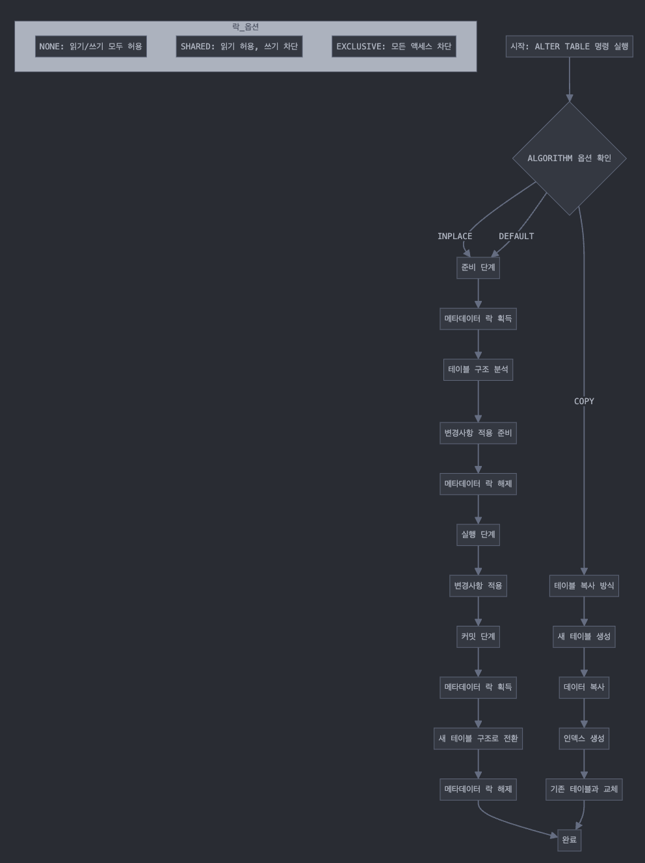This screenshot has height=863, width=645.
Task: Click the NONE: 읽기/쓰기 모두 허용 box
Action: click(x=90, y=47)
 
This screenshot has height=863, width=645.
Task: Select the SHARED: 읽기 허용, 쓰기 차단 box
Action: click(x=239, y=47)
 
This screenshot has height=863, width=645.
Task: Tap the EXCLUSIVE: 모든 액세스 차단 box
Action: click(x=393, y=47)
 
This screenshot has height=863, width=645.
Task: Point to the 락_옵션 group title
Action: click(x=245, y=27)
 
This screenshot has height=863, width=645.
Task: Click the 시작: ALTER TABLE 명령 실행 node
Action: click(x=569, y=47)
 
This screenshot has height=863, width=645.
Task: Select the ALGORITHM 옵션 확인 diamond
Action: click(x=569, y=159)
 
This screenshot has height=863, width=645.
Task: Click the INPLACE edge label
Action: click(x=454, y=237)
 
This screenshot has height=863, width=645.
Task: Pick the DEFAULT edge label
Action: click(x=516, y=237)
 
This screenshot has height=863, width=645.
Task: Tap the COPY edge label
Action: click(x=584, y=402)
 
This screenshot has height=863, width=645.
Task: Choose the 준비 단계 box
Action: click(x=478, y=268)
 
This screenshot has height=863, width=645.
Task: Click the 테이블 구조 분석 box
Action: click(x=478, y=370)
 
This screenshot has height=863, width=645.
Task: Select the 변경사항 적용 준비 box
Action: click(x=478, y=433)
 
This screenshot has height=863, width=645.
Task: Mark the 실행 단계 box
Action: click(x=478, y=535)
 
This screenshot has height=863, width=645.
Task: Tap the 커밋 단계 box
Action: click(x=478, y=637)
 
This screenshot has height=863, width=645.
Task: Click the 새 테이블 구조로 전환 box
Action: click(x=478, y=739)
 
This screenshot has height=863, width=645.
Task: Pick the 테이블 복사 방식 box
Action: click(x=584, y=586)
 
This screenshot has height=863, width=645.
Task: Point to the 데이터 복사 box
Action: click(x=584, y=688)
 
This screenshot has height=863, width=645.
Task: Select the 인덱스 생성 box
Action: click(x=584, y=739)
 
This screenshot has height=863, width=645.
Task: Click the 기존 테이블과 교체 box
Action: click(x=584, y=790)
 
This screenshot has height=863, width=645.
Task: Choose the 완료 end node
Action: click(x=569, y=840)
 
